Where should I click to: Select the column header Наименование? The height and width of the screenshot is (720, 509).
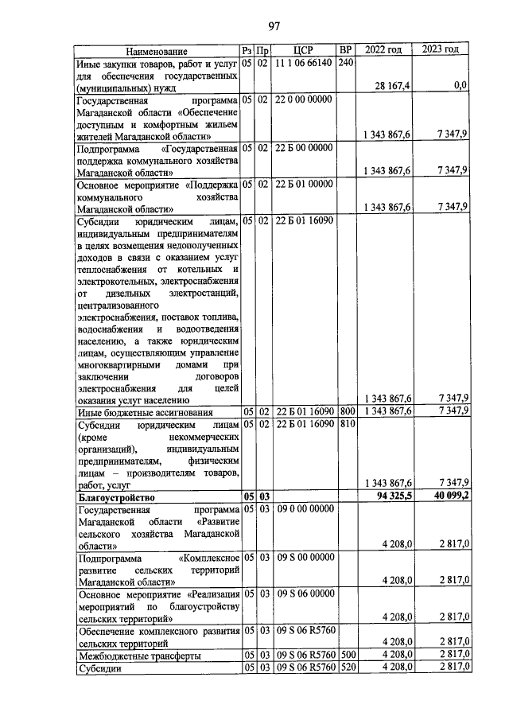point(157,50)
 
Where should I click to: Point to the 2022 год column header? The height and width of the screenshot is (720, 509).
point(383,50)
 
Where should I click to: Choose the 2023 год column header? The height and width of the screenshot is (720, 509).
point(441,50)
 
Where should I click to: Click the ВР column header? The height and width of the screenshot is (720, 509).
point(345,50)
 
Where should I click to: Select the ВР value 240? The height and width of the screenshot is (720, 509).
point(345,62)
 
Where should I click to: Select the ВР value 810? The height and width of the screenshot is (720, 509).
point(345,425)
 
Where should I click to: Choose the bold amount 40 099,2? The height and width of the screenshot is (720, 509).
point(447,497)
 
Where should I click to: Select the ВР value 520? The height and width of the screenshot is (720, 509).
point(345,667)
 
